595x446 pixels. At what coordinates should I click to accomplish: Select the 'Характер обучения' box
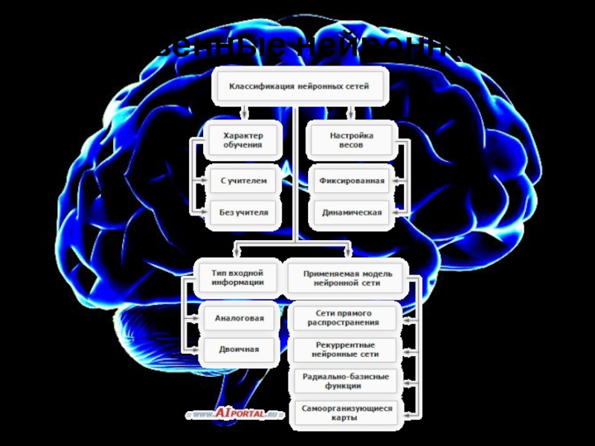(243, 140)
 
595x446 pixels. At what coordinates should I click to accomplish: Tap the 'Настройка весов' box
(351, 140)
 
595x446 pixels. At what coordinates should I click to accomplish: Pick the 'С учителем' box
(243, 180)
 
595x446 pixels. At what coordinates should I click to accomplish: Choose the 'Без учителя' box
(243, 213)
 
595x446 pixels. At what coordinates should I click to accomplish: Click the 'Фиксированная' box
(352, 180)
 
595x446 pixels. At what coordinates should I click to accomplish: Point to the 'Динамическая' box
(352, 213)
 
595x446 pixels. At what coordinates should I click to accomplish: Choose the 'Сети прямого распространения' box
(344, 317)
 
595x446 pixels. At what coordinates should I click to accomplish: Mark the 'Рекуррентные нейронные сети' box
(344, 349)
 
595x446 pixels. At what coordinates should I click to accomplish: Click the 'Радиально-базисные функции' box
(344, 381)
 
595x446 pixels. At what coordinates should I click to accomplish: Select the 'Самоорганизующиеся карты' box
(344, 413)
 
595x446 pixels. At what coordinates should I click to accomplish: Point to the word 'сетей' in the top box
(356, 87)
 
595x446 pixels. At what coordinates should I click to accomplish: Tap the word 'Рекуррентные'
(344, 345)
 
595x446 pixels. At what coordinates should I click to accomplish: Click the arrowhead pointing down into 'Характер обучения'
(243, 115)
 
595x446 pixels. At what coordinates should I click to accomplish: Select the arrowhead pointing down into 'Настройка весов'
(351, 115)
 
